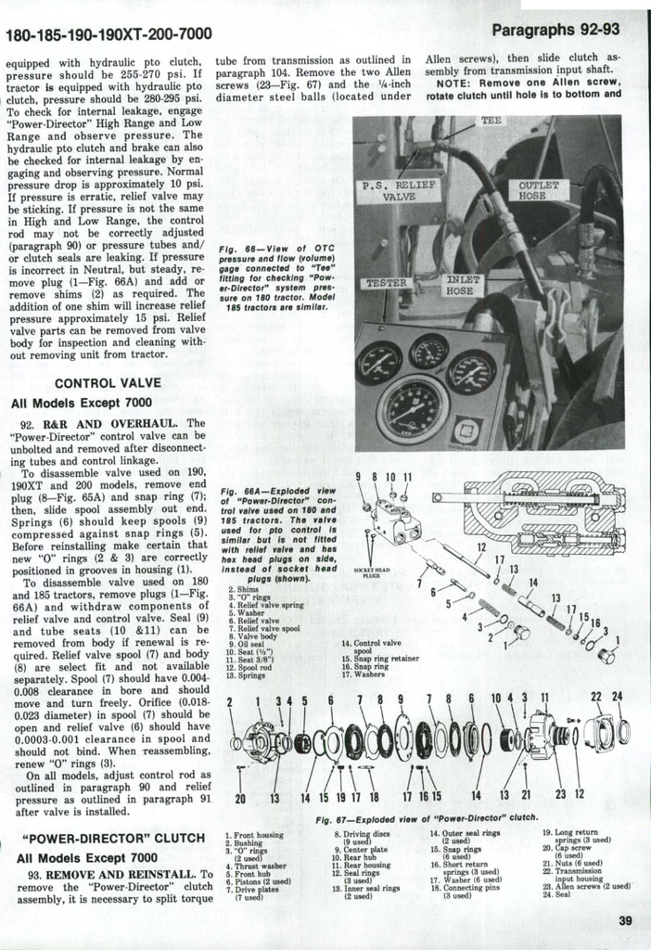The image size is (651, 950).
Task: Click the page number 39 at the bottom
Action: [x=624, y=921]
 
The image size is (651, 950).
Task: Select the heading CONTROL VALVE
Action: [x=108, y=382]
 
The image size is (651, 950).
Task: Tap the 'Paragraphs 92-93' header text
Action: [x=555, y=29]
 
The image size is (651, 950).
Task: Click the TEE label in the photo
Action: [x=491, y=122]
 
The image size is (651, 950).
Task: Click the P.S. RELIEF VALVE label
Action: [x=399, y=191]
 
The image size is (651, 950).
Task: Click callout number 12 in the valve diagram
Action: [x=480, y=547]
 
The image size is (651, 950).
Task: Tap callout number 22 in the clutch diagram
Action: [x=595, y=697]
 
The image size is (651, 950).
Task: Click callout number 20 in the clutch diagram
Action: [x=241, y=797]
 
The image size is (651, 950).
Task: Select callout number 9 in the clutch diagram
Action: [x=401, y=699]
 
